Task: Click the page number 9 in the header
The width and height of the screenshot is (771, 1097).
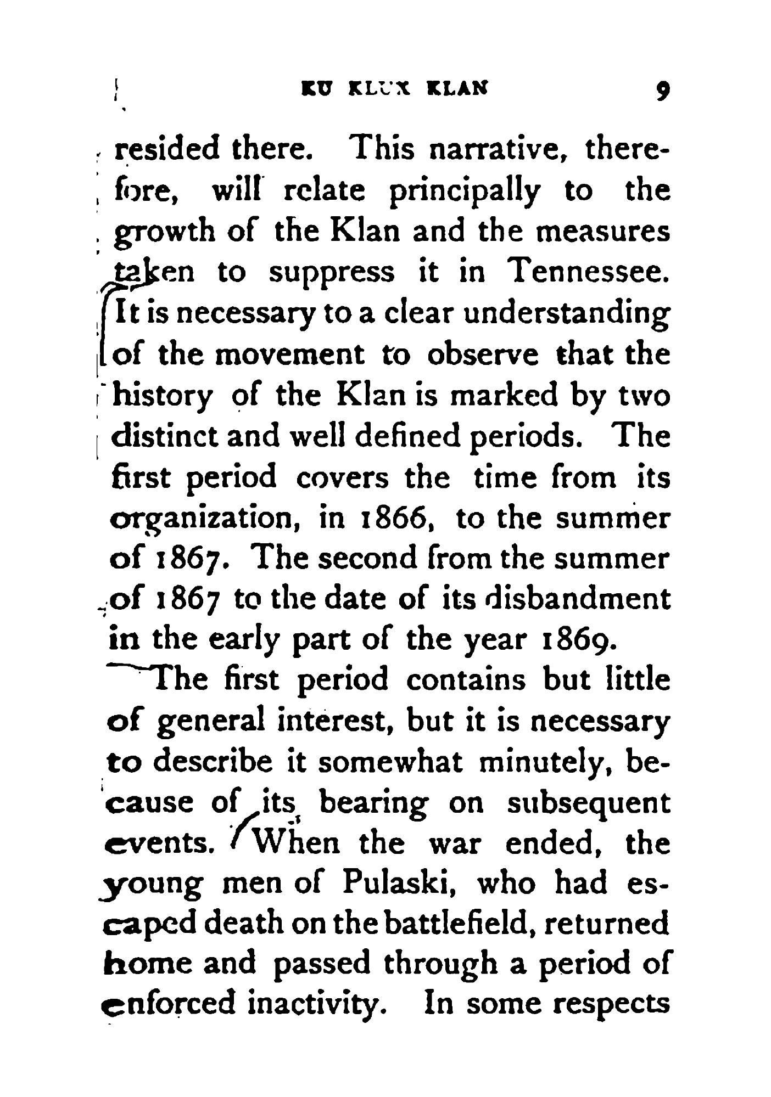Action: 663,89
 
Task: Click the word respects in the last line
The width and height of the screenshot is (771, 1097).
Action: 612,1005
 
